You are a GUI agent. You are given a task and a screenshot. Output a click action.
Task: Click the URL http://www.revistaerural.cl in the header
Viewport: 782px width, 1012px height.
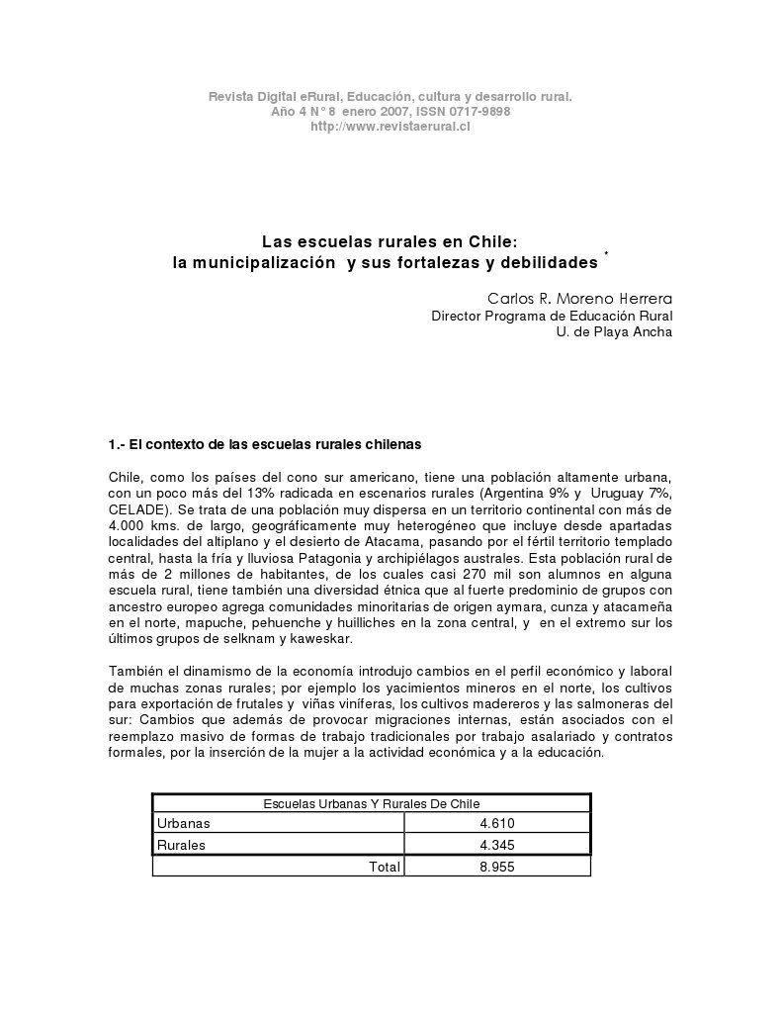pos(390,126)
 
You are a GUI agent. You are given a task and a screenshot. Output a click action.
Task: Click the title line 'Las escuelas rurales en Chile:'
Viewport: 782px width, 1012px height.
pos(390,241)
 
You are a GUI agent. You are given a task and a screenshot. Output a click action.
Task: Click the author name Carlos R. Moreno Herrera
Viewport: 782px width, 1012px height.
pos(579,298)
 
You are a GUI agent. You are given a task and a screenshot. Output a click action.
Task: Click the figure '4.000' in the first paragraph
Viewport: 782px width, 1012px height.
pos(127,524)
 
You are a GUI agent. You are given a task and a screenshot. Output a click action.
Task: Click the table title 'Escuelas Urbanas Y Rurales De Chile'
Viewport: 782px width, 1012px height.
pos(371,804)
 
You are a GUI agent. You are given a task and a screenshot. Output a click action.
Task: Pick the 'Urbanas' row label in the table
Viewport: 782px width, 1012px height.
pos(184,823)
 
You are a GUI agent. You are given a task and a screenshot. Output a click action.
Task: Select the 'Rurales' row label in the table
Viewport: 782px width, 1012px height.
pos(182,845)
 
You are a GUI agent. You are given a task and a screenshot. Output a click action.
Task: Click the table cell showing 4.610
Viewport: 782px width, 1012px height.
pos(497,823)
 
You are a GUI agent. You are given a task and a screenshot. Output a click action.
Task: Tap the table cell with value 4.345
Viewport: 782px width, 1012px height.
pos(497,845)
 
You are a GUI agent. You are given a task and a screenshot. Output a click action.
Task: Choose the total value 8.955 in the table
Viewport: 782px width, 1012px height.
pos(497,867)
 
